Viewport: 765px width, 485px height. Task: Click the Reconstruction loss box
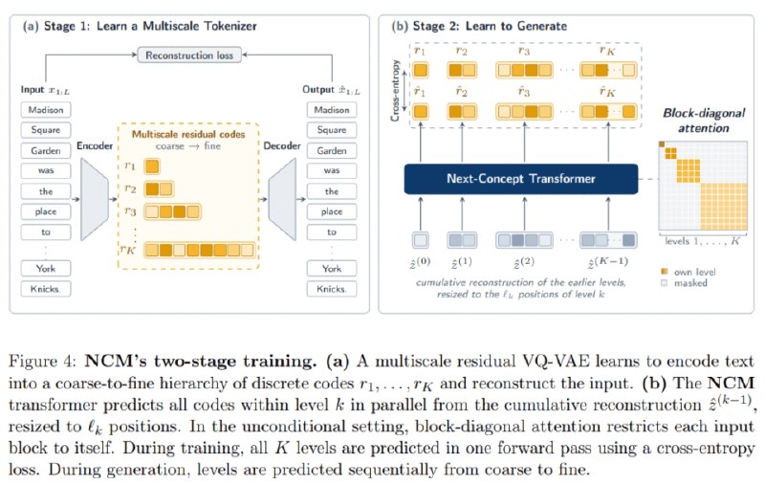coord(189,55)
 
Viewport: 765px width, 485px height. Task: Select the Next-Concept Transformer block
coord(521,179)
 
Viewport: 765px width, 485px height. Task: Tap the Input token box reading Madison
coord(46,110)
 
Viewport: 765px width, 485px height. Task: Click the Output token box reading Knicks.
coord(332,289)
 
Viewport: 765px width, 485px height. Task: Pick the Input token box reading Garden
coord(46,151)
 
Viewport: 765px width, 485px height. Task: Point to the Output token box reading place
coord(332,211)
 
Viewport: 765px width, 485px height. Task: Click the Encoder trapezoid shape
coord(95,199)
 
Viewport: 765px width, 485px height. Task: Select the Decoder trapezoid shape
coord(282,199)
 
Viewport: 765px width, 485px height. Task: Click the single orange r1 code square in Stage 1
coord(152,166)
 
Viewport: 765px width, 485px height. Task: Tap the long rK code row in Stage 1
coord(200,250)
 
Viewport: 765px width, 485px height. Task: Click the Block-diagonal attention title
coord(704,121)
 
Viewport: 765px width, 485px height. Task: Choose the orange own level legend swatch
coord(664,272)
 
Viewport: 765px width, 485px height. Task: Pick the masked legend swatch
coord(664,282)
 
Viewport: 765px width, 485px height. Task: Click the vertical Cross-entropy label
coord(396,90)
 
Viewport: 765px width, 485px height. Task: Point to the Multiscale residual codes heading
coord(188,134)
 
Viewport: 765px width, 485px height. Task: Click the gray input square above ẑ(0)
coord(421,240)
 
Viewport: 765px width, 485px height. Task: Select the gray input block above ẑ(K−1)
coord(608,240)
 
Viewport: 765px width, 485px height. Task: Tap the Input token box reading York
coord(46,269)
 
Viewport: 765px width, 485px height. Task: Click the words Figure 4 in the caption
coord(42,362)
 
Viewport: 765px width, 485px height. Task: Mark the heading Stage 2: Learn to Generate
coord(490,26)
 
